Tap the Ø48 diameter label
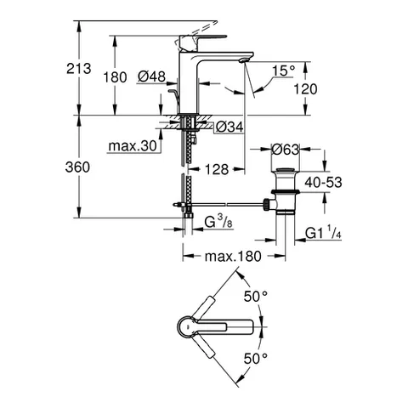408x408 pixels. tap(152, 77)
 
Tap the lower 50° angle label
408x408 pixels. tap(256, 359)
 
